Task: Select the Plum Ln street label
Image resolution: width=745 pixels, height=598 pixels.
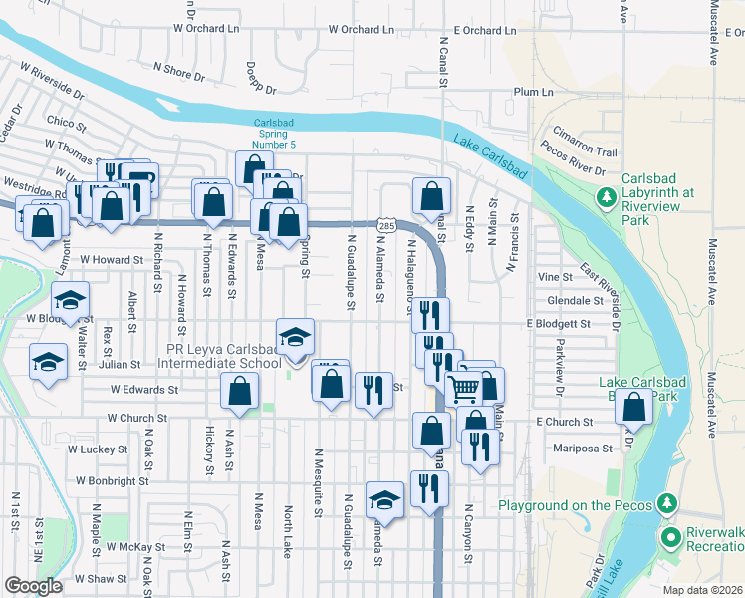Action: pos(533,92)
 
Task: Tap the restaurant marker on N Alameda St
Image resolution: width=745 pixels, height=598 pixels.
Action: pos(372,389)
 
